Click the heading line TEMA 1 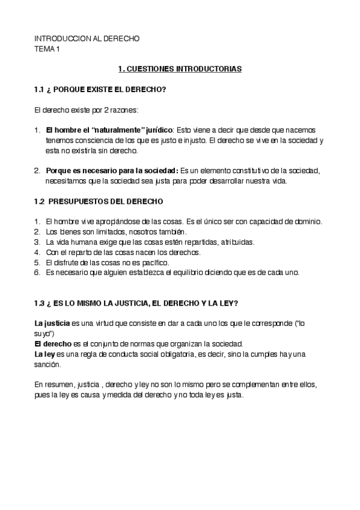click(x=47, y=49)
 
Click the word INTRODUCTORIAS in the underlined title click(x=209, y=70)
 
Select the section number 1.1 click(x=39, y=90)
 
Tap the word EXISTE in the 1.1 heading click(x=97, y=90)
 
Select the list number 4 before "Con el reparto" click(x=37, y=253)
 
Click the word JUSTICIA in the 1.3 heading click(x=133, y=303)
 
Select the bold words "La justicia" click(x=52, y=323)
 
